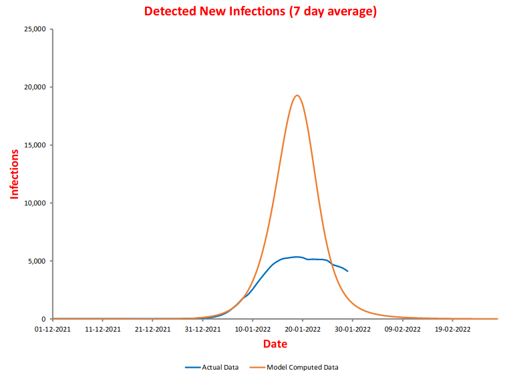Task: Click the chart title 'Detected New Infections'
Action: coord(260,11)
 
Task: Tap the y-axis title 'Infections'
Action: coord(14,173)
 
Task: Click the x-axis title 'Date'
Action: coord(275,344)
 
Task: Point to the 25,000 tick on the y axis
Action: coord(34,29)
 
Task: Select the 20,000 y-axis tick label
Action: coord(34,87)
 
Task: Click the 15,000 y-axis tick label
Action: coord(34,145)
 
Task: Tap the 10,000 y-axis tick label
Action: coord(34,204)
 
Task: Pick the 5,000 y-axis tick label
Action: coord(36,261)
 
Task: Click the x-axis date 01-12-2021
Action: coord(53,329)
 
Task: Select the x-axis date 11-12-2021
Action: coord(103,329)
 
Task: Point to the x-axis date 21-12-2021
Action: coord(153,329)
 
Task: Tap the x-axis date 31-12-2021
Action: coord(203,329)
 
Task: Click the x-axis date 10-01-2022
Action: coord(252,329)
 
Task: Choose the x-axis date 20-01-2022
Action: coord(303,329)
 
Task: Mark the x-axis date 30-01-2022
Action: coord(353,329)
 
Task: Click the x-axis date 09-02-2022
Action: coord(403,329)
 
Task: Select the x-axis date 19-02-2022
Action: coord(452,329)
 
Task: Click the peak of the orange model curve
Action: coord(297,95)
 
